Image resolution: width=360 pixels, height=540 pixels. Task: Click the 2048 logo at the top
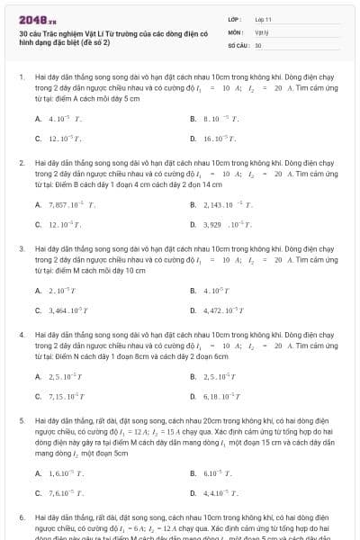31,18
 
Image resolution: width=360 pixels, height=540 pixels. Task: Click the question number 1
22,77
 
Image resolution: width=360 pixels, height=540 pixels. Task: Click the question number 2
22,163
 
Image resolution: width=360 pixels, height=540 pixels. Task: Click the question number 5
22,420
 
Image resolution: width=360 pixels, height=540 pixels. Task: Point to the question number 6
22,518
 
